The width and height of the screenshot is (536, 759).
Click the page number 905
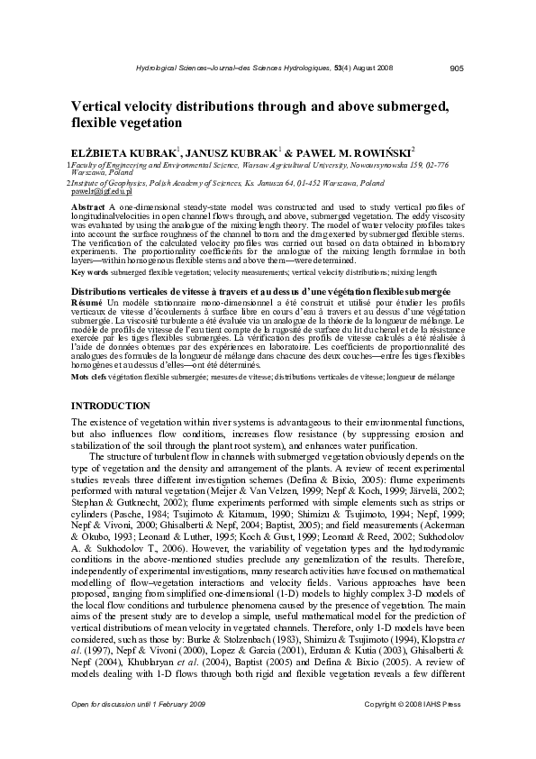click(x=456, y=68)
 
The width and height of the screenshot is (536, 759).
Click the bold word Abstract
click(x=88, y=206)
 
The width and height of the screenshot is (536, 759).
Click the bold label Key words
click(x=89, y=246)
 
